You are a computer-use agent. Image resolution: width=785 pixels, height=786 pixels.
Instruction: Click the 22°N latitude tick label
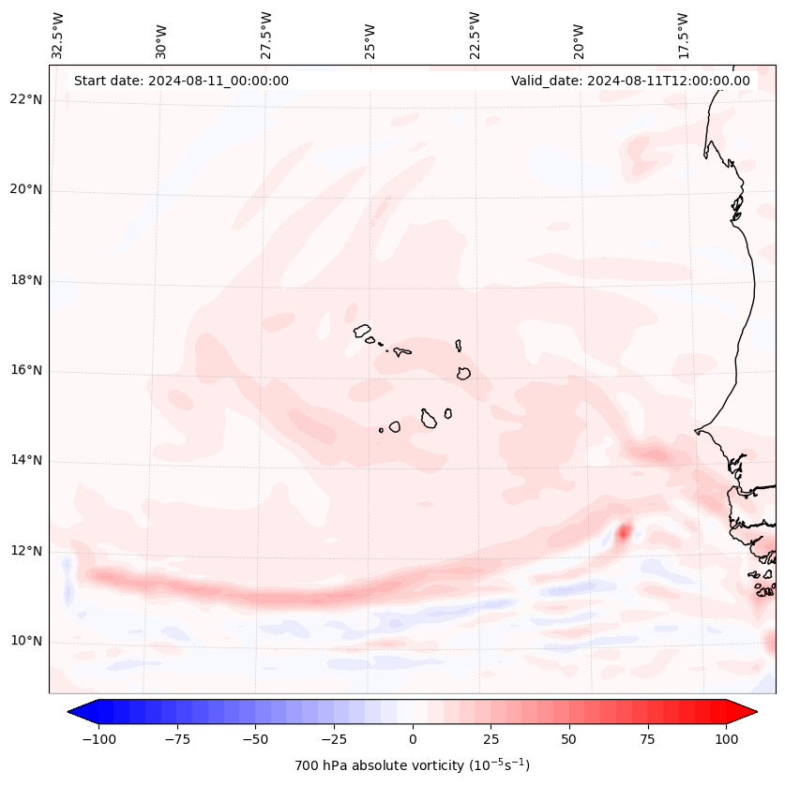pyautogui.click(x=25, y=99)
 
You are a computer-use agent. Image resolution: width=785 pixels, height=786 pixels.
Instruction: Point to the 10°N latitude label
pyautogui.click(x=25, y=641)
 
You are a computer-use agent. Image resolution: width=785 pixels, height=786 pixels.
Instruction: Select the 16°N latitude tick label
pyautogui.click(x=25, y=370)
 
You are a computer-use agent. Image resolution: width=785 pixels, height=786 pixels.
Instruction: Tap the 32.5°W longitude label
pyautogui.click(x=58, y=35)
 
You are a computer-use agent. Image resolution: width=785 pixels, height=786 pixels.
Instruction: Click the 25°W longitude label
pyautogui.click(x=370, y=35)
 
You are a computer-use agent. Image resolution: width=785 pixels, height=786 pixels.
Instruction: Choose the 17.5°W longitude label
pyautogui.click(x=683, y=35)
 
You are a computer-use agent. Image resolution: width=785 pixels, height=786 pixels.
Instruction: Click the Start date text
pyautogui.click(x=181, y=81)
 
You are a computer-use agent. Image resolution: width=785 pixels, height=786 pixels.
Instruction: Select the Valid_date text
pyautogui.click(x=630, y=81)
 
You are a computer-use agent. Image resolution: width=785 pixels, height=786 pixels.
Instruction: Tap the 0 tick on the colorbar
pyautogui.click(x=413, y=739)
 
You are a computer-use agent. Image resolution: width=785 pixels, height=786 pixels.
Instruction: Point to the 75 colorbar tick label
pyautogui.click(x=648, y=739)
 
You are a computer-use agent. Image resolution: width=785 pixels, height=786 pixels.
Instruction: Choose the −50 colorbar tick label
pyautogui.click(x=253, y=739)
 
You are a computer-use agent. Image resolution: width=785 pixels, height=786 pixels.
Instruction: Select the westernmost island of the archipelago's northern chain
pyautogui.click(x=362, y=330)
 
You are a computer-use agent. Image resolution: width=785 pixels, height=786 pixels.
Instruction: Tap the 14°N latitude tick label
pyautogui.click(x=25, y=460)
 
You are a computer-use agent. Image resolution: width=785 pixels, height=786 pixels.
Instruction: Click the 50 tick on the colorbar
pyautogui.click(x=569, y=739)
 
